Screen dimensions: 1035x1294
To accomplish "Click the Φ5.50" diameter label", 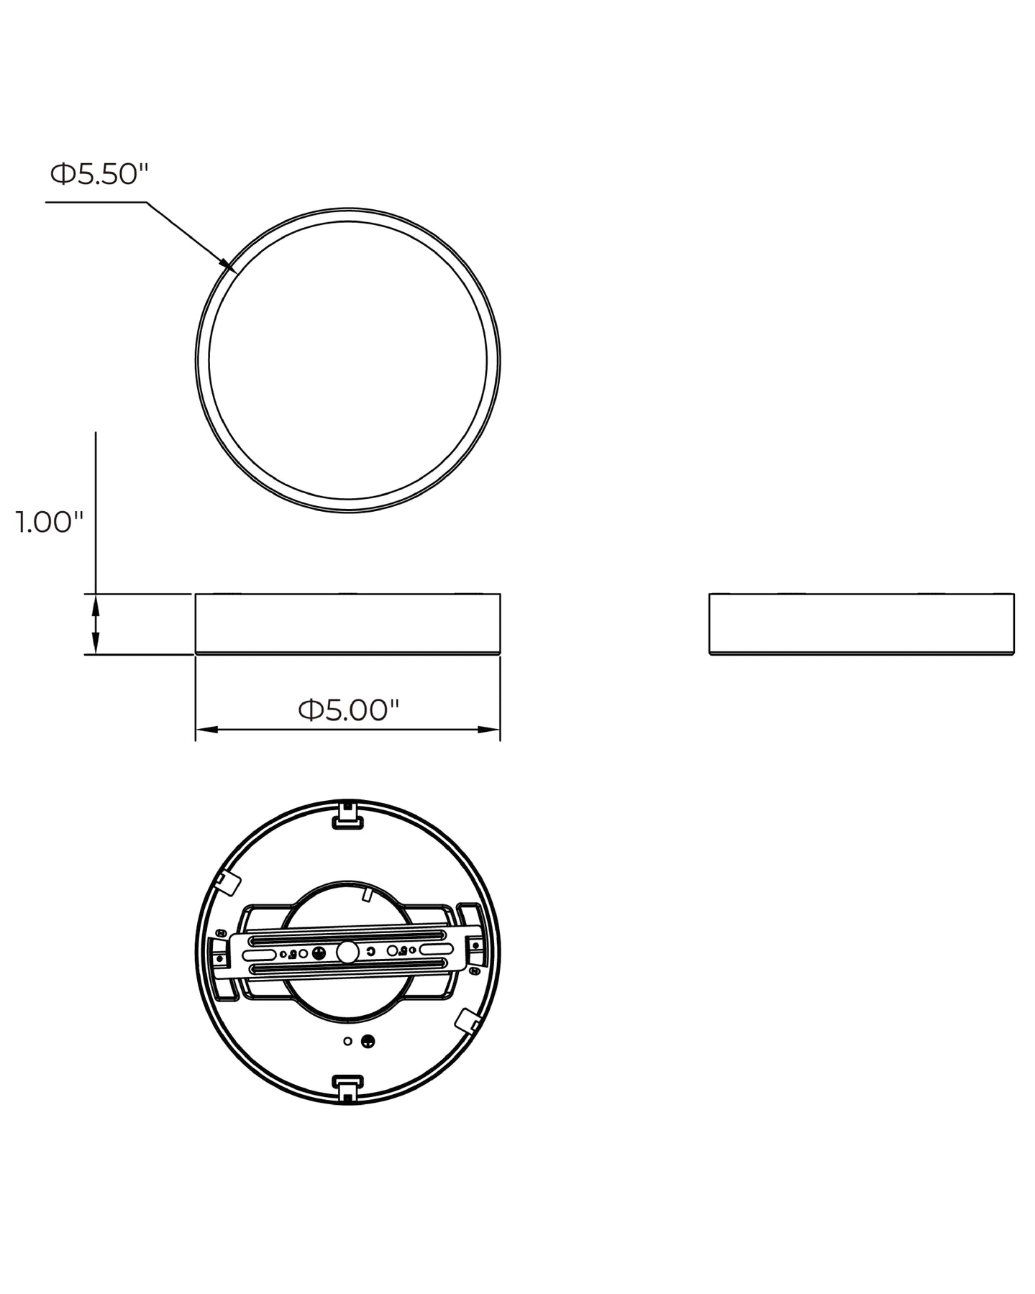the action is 99,174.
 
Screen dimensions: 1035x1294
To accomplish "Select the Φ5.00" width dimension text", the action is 349,710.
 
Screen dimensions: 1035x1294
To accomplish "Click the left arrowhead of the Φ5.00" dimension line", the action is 206,730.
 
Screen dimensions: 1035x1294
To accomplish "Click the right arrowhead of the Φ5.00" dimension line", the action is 489,730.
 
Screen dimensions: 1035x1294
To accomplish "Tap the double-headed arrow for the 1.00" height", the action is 96,624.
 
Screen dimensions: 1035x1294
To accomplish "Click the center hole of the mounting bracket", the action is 348,952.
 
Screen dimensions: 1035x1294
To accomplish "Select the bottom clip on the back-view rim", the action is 348,1089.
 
